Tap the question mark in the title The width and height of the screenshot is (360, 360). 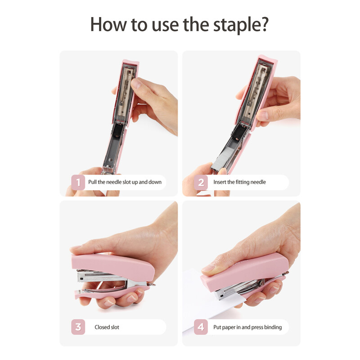tap(265, 24)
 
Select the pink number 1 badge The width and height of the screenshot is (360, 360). tap(78, 182)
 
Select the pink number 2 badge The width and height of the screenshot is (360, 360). tap(201, 182)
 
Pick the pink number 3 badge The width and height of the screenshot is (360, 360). tap(78, 327)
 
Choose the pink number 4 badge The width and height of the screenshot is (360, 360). tap(201, 327)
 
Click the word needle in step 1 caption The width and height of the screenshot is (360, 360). tap(114, 182)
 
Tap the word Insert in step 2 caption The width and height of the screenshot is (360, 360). tap(220, 182)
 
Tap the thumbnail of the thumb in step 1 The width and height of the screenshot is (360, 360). tap(136, 83)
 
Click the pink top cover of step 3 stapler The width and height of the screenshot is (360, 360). tap(112, 266)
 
